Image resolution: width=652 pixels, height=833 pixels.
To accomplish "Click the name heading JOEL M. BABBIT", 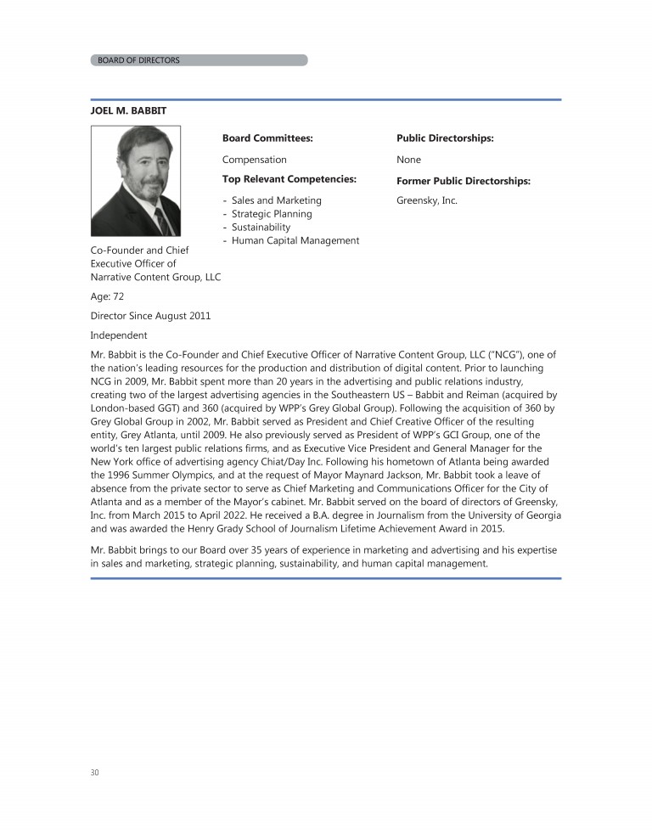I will click(134, 111).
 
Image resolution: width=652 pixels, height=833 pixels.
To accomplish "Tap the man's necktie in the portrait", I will click(160, 218).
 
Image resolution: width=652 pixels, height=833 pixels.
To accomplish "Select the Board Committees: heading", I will click(267, 138).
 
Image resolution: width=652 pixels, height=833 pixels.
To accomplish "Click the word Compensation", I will click(255, 160).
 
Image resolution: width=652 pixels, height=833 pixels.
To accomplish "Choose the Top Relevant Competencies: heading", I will click(289, 179).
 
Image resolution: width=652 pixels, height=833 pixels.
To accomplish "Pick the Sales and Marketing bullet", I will click(276, 200).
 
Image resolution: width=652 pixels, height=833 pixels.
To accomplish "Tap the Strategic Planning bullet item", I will click(272, 214).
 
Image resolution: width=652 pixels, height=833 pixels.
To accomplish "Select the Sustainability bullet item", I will click(261, 228).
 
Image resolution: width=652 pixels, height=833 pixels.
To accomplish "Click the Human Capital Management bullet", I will click(295, 240).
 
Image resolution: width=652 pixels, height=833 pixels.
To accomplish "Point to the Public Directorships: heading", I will click(445, 138).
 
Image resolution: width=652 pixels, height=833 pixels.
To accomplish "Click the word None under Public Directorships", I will click(408, 160).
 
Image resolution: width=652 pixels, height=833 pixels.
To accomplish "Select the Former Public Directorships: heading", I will click(464, 181).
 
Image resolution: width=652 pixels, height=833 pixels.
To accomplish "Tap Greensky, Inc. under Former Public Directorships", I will click(427, 201).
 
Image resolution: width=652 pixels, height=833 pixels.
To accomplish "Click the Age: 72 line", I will click(108, 296).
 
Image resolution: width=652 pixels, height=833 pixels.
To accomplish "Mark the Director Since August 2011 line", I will click(151, 316).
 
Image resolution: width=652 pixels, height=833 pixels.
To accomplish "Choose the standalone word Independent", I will click(119, 335).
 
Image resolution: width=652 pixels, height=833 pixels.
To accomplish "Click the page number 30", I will click(95, 772).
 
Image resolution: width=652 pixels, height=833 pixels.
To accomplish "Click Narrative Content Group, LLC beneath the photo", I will click(155, 277).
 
